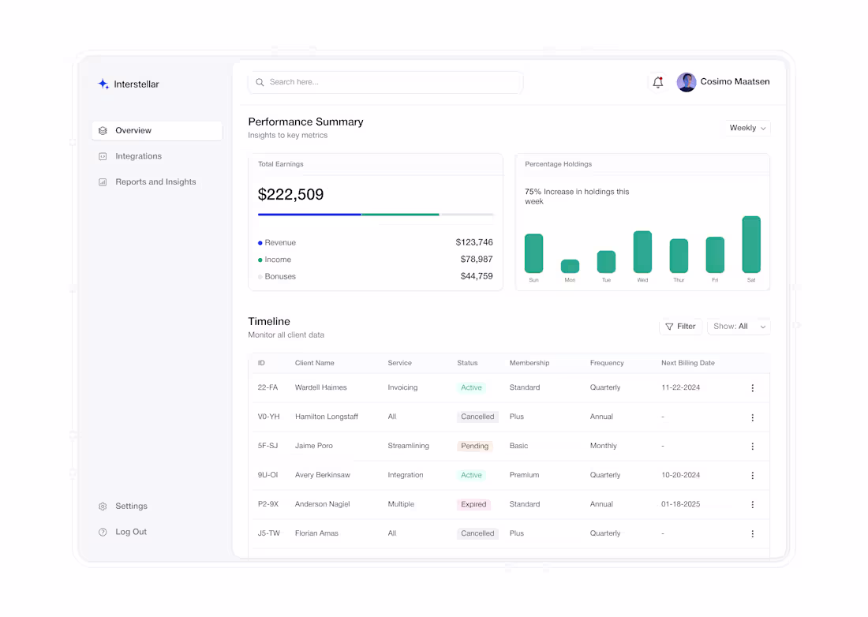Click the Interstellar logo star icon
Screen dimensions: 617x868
coord(103,84)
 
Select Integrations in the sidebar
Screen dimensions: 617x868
coord(138,156)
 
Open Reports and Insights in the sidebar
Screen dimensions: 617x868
coord(155,182)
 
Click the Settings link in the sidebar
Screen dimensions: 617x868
coord(131,507)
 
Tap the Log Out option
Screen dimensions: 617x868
coord(131,532)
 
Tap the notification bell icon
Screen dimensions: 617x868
coord(657,82)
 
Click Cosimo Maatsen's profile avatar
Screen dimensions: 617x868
coord(687,82)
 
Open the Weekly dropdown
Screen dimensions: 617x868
coord(747,128)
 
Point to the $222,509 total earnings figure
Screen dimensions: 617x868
coord(291,195)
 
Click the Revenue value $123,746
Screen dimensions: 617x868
coord(473,242)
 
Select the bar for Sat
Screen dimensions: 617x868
coord(751,245)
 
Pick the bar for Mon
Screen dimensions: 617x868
coord(570,267)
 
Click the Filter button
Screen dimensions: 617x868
coord(680,327)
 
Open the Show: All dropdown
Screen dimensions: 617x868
coord(739,327)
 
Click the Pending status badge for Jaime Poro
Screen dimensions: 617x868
coord(474,446)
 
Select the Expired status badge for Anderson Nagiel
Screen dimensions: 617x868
coord(473,504)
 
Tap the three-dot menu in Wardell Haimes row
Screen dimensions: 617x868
coord(752,388)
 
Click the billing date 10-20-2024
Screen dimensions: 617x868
coord(680,475)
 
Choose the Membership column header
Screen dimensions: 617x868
coord(529,363)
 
